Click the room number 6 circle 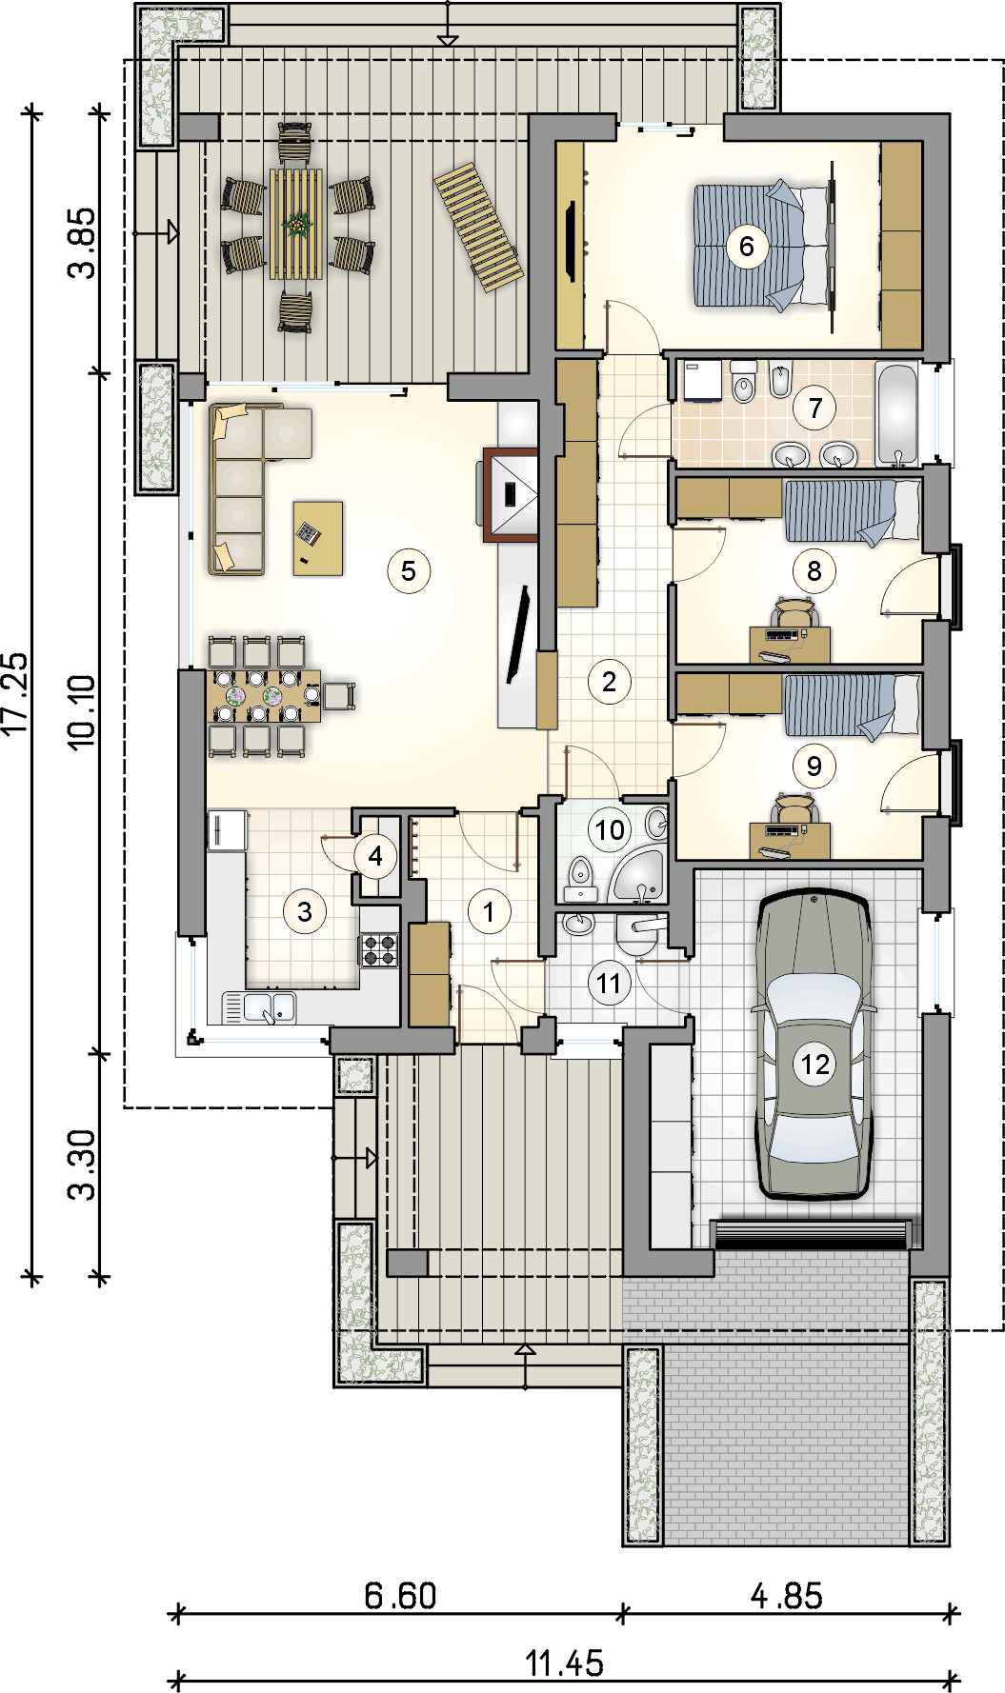(747, 247)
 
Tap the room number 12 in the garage (815, 1064)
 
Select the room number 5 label (409, 571)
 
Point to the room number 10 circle (610, 830)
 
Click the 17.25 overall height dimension (16, 693)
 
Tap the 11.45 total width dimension (565, 1663)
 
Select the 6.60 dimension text (401, 1596)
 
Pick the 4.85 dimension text (787, 1596)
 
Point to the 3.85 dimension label (82, 243)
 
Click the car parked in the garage (814, 1044)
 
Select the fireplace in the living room (512, 494)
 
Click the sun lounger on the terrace (479, 228)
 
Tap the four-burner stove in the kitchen (378, 949)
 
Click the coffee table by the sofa (318, 538)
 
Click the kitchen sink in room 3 (259, 1007)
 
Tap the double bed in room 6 (763, 246)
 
